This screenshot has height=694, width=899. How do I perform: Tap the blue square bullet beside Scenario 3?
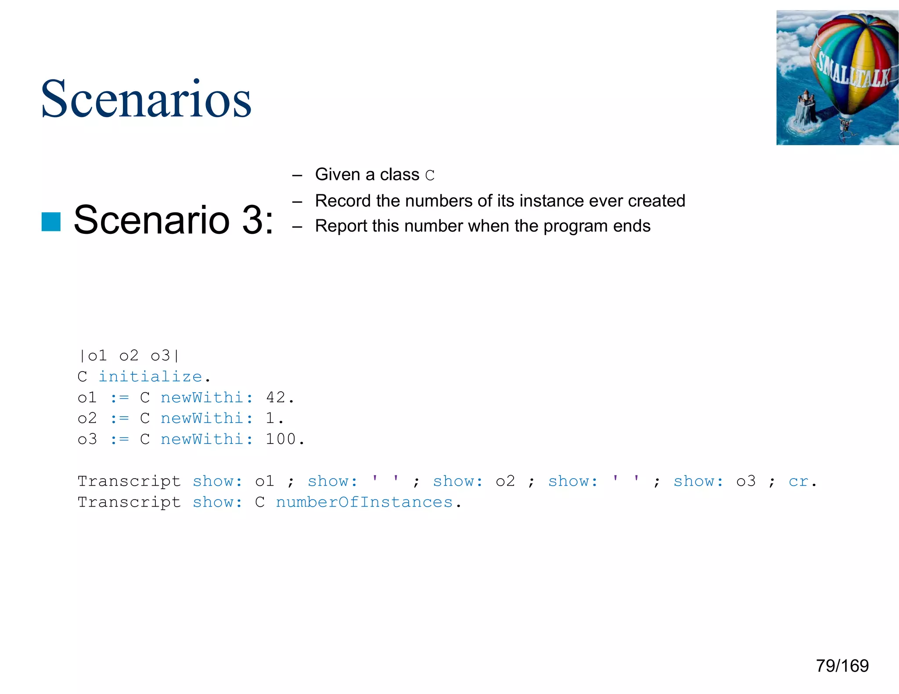tap(51, 222)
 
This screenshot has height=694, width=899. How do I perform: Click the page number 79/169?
tap(842, 666)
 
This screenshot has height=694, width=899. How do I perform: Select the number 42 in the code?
tap(276, 397)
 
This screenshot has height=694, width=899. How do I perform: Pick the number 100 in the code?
tap(281, 439)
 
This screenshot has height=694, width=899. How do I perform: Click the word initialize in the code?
tap(150, 376)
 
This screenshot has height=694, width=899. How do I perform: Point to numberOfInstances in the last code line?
tap(364, 502)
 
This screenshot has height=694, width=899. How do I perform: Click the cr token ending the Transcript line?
tap(798, 481)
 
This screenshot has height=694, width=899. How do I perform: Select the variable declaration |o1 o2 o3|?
tap(129, 355)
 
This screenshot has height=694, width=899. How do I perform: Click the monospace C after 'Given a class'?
tap(430, 175)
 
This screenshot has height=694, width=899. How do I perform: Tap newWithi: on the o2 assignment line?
tap(207, 418)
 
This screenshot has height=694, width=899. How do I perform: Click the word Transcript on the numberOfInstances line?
tap(129, 502)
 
